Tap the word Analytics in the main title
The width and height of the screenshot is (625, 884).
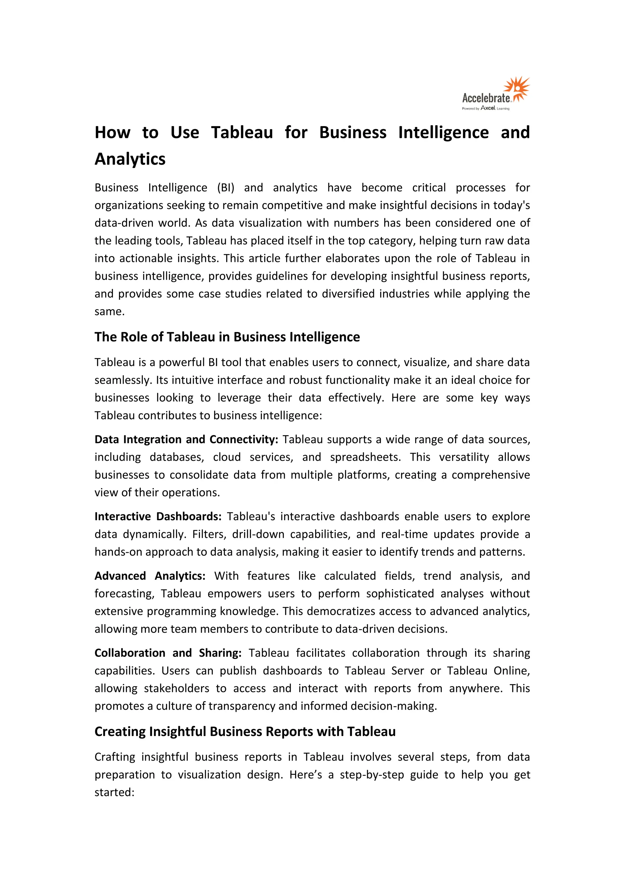click(130, 159)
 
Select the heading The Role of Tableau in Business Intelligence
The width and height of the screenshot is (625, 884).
click(227, 337)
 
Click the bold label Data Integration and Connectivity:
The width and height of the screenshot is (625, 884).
click(186, 439)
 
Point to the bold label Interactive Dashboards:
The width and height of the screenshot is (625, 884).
click(158, 516)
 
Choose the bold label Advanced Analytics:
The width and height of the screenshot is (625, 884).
click(150, 576)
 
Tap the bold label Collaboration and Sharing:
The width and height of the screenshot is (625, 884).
click(168, 653)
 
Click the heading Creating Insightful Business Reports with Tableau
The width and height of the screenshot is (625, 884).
click(245, 731)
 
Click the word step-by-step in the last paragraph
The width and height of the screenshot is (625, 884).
click(372, 774)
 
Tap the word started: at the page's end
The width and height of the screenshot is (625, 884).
click(114, 792)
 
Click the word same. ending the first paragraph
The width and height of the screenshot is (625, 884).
click(110, 311)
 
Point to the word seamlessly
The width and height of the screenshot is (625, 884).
click(124, 380)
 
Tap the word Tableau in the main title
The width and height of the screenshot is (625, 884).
click(242, 132)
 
